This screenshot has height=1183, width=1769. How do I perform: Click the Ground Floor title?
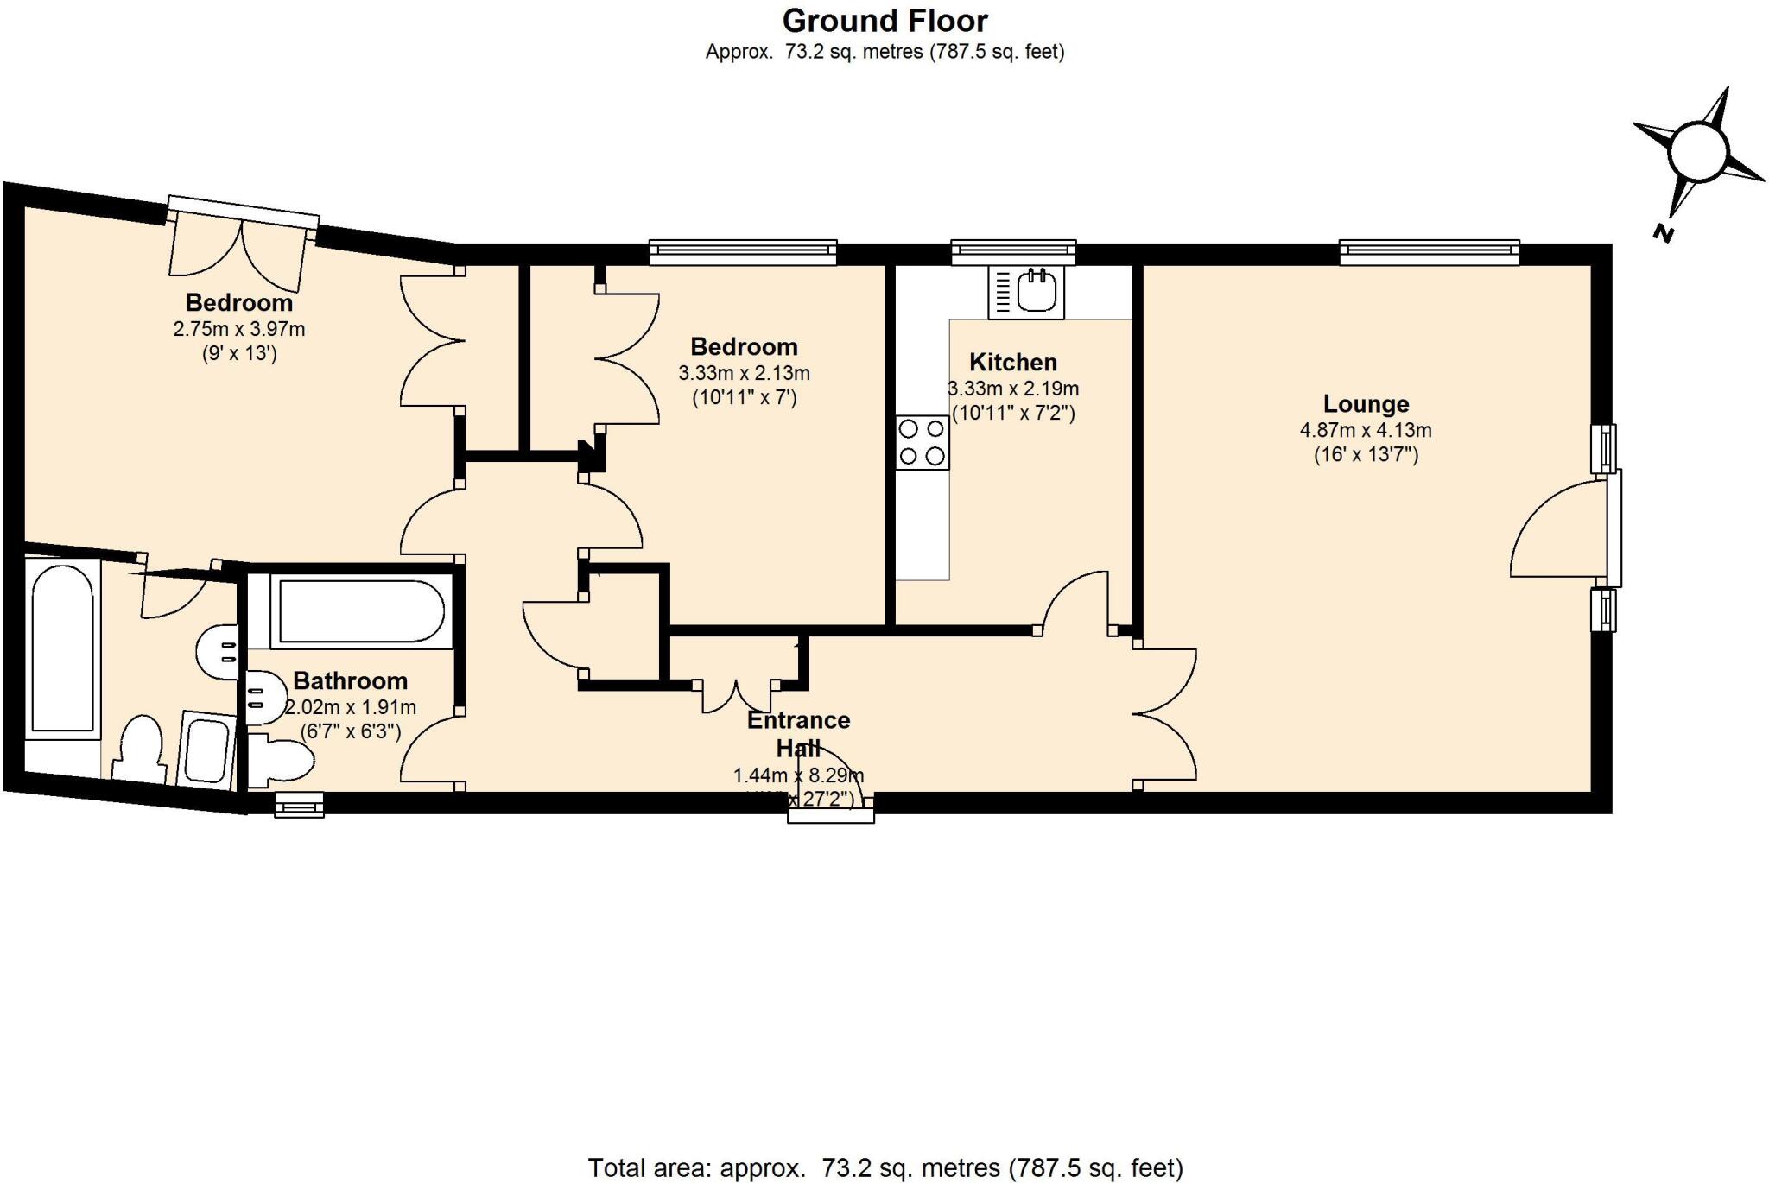coord(884,21)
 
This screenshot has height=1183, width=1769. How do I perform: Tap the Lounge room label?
coord(1366,403)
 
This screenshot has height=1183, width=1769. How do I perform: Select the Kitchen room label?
coord(1012,362)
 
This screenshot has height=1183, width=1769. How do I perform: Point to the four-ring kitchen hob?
coord(922,442)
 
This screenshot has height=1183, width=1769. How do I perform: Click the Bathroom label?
coord(350,681)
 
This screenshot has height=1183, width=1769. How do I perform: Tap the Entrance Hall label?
coord(798,733)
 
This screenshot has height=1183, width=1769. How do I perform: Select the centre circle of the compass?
coord(1697,152)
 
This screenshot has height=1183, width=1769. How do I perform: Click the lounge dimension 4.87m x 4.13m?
coord(1366,430)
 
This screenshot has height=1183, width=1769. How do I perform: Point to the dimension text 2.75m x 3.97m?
coord(238,329)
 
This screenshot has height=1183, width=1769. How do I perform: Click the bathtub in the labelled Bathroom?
coord(361,611)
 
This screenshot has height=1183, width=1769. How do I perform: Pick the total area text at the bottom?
coord(884,1168)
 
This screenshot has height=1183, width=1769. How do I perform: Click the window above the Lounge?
coord(1429,251)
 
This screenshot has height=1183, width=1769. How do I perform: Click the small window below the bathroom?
coord(299,807)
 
